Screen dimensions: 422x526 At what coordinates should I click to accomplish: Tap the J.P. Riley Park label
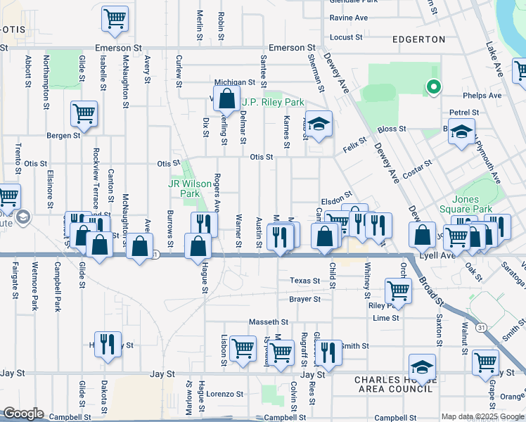(273, 103)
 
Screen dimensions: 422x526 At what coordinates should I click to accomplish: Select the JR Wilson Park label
(190, 188)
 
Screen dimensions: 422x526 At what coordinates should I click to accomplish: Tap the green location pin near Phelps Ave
(434, 88)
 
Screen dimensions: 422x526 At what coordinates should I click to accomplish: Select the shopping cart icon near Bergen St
(84, 113)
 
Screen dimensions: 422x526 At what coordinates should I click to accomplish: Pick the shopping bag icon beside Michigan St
(227, 100)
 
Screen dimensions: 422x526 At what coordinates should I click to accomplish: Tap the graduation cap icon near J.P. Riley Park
(319, 124)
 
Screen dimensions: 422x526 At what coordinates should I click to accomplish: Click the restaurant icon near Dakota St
(108, 344)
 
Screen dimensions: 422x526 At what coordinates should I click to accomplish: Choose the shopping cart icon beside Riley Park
(399, 289)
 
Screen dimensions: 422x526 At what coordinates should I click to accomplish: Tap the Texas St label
(305, 281)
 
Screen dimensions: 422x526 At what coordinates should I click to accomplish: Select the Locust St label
(345, 37)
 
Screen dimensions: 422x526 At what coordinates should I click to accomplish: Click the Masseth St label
(264, 321)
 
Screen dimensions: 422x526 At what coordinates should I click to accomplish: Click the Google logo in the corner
(23, 414)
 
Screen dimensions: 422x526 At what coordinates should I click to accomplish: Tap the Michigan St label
(234, 82)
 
